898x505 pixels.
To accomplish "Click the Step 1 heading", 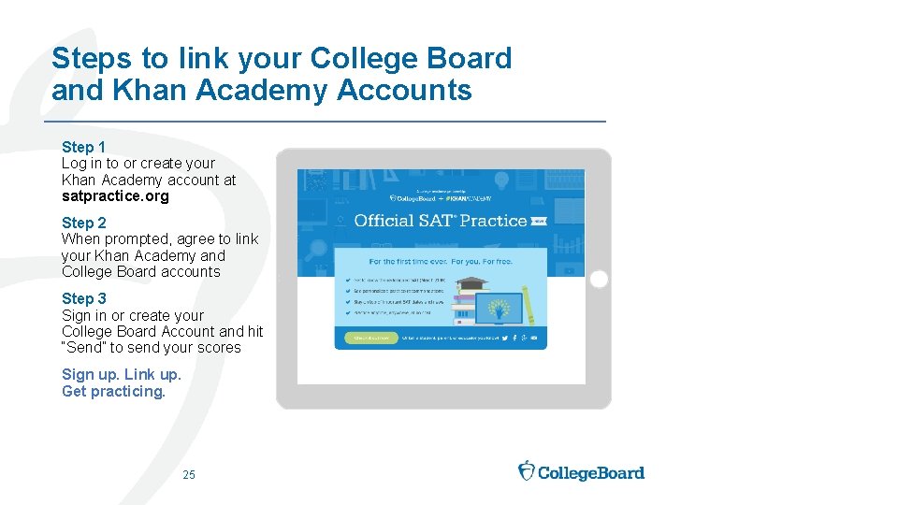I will click(83, 147).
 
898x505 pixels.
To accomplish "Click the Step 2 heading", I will click(83, 223).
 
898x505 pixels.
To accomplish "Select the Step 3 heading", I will click(83, 298).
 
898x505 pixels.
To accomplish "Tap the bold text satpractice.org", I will click(115, 196).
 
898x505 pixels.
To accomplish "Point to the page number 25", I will click(189, 475).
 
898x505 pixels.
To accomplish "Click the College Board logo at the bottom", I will click(581, 471).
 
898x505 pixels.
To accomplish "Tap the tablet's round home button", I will click(599, 279).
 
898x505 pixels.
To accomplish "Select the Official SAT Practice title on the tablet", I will click(440, 221).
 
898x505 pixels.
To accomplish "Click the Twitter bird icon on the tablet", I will click(501, 338).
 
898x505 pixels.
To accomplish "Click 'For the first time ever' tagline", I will click(441, 262).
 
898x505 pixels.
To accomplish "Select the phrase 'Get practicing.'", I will click(113, 392).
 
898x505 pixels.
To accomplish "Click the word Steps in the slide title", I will click(93, 58).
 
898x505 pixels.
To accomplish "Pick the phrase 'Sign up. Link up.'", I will click(122, 375).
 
